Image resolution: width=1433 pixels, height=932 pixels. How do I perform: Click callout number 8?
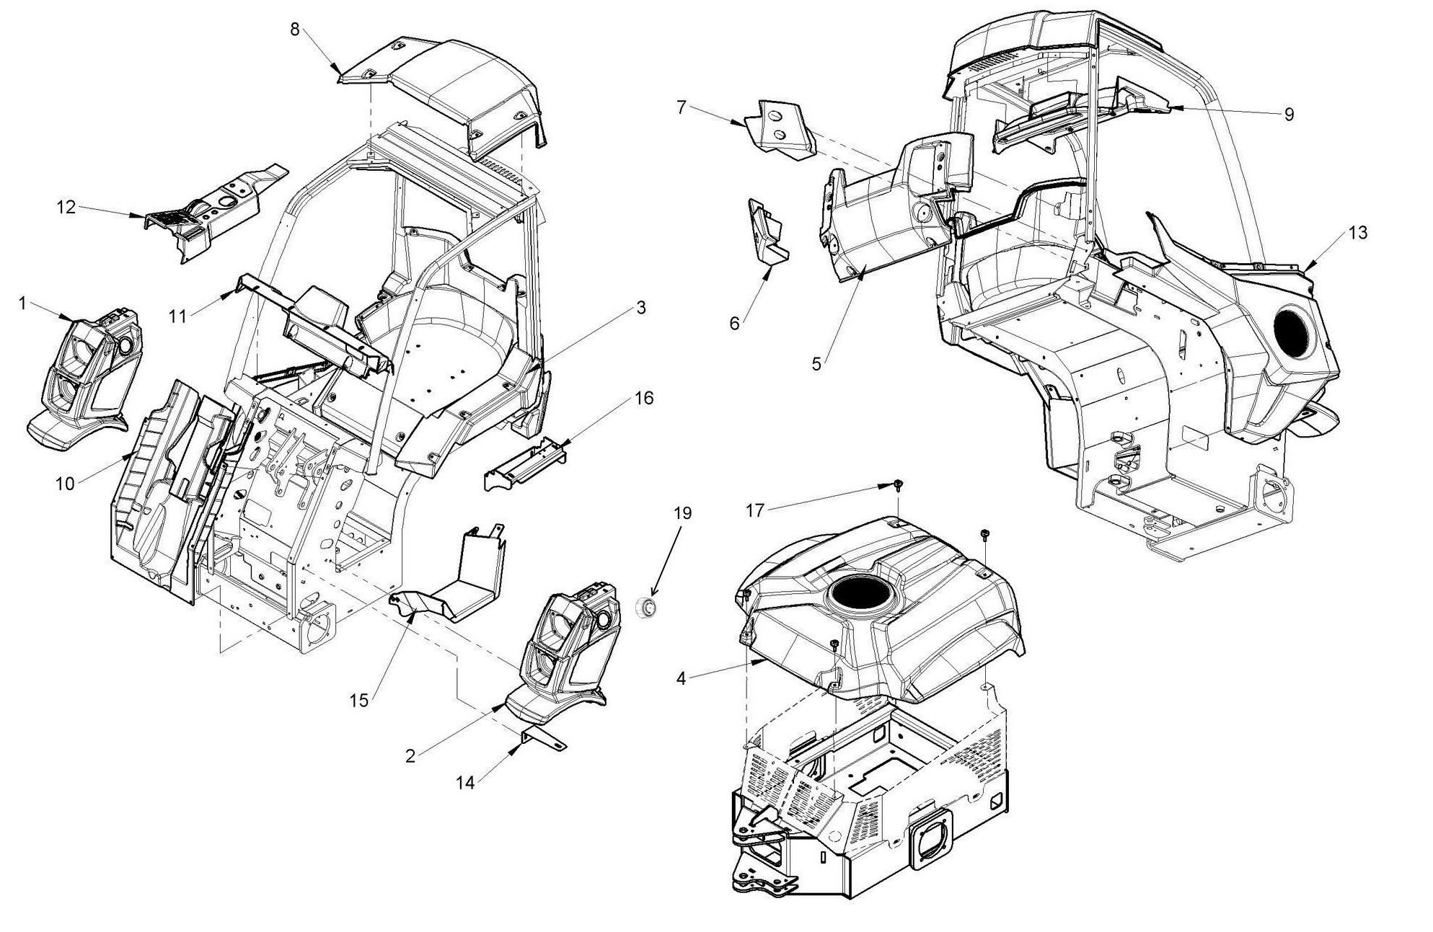294,30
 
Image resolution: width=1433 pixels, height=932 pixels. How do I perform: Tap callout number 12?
66,208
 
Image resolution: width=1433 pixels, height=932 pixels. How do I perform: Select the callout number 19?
682,513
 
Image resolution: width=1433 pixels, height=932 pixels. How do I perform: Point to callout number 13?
1357,233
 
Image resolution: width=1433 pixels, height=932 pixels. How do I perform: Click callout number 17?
754,511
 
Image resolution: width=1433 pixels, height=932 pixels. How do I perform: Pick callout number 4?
681,678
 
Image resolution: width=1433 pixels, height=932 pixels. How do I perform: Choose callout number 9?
1289,114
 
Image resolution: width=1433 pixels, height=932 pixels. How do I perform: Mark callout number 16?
644,398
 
